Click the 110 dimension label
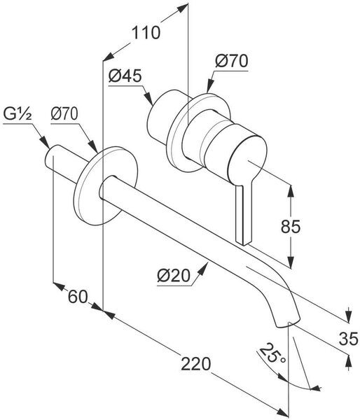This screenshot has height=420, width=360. [146, 33]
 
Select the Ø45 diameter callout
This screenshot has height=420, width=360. [125, 76]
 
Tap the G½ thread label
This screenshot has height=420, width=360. [18, 114]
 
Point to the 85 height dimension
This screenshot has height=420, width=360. [291, 227]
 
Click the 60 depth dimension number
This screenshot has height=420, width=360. [78, 297]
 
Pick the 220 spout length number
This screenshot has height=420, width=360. [196, 364]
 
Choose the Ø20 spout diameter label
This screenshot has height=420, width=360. [174, 275]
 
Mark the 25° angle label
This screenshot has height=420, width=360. [272, 353]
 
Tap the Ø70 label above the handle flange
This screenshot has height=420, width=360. [232, 61]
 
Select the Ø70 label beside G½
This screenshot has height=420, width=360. [64, 114]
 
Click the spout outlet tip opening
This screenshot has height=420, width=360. [287, 323]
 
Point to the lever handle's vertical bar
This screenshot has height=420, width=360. [244, 214]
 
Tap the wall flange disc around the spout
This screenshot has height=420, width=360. [105, 185]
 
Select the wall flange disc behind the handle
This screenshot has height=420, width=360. [198, 132]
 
